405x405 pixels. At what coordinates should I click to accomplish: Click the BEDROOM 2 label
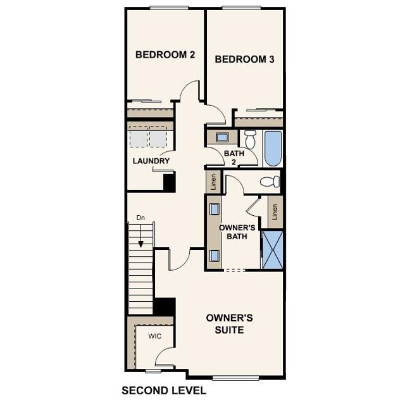tap(165, 55)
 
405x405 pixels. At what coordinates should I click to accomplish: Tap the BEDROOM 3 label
tap(244, 59)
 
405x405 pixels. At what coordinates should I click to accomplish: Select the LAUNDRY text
tap(151, 161)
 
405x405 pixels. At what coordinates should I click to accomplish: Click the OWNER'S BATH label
tap(237, 232)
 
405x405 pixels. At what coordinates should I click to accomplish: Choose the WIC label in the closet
tap(155, 336)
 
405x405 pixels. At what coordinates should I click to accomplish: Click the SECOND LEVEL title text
tap(163, 390)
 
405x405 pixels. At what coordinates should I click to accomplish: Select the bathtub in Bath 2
tap(273, 147)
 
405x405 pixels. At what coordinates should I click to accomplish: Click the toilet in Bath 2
tap(250, 139)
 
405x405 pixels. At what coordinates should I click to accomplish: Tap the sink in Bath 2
tap(223, 137)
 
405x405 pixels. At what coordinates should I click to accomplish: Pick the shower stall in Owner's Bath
tap(273, 250)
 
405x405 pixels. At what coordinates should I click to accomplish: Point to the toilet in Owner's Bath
tap(270, 182)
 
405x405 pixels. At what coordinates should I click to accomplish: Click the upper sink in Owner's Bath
tap(215, 209)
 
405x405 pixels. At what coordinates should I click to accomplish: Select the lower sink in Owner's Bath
tap(215, 255)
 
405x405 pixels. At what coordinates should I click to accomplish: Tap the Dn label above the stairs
tap(140, 218)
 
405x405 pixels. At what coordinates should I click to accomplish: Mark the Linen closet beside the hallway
tap(213, 182)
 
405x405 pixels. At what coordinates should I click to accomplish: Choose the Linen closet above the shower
tap(275, 212)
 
